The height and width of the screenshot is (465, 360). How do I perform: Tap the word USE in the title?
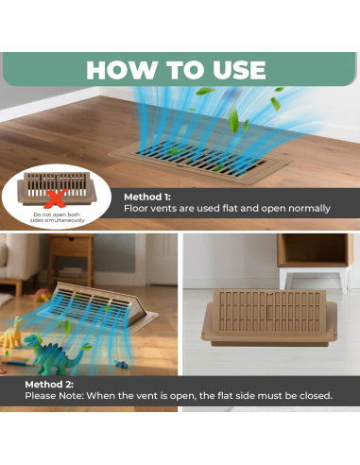[x=239, y=70]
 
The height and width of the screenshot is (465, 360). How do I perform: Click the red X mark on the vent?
[x=56, y=198]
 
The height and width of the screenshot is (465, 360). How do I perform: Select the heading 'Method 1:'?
[x=147, y=197]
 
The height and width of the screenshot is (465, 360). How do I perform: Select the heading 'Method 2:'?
[x=49, y=385]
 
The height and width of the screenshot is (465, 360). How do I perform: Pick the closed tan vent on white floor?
[x=269, y=318]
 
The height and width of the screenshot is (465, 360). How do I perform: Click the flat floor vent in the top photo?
[x=200, y=161]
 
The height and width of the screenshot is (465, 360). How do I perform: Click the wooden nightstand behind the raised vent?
[x=71, y=259]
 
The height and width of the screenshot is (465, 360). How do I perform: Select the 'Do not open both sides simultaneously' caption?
[x=57, y=217]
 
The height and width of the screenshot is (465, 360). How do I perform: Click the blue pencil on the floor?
[x=19, y=363]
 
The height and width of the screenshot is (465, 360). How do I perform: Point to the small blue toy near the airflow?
[x=121, y=364]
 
